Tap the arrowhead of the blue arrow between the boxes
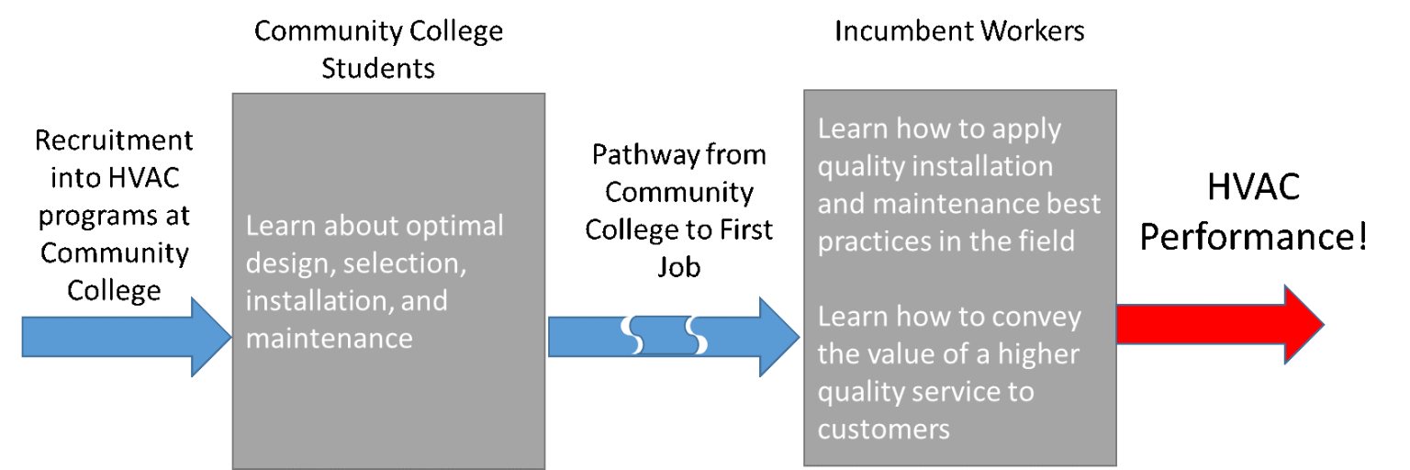pos(778,336)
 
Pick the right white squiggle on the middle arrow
pos(697,336)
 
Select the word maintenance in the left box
pos(329,339)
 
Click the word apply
pos(1022,129)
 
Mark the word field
pos(1049,241)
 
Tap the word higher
pos(1037,354)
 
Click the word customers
pos(883,429)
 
